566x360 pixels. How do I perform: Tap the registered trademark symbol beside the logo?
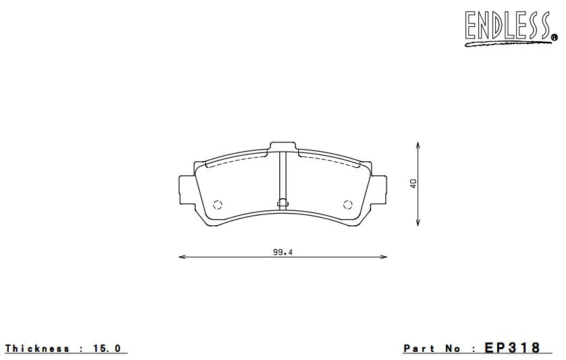point(554,38)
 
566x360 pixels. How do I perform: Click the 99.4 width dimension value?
point(282,251)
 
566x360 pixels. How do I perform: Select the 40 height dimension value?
point(412,183)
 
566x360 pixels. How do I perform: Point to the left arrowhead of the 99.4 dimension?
point(181,257)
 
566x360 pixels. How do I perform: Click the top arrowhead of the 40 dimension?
point(419,144)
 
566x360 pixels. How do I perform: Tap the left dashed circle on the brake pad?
point(217,206)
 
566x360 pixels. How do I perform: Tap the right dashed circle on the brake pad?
point(348,206)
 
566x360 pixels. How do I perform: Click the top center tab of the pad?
point(283,146)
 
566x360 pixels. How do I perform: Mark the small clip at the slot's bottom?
point(283,201)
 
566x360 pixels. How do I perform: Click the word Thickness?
point(37,349)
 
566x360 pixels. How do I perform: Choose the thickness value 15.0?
point(108,349)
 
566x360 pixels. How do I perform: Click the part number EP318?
point(513,348)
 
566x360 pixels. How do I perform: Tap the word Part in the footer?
point(419,349)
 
